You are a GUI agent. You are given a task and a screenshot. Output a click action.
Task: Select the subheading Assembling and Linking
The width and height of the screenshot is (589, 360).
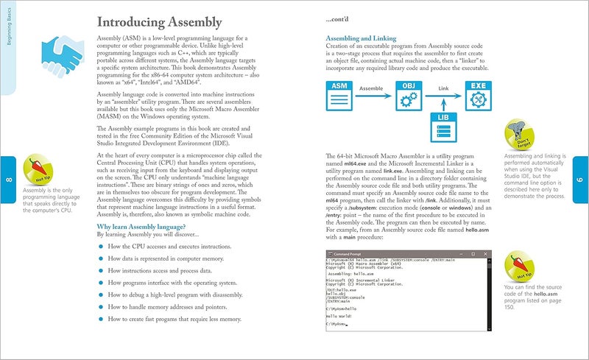point(361,38)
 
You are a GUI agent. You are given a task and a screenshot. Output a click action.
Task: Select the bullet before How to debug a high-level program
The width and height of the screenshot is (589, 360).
point(101,295)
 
